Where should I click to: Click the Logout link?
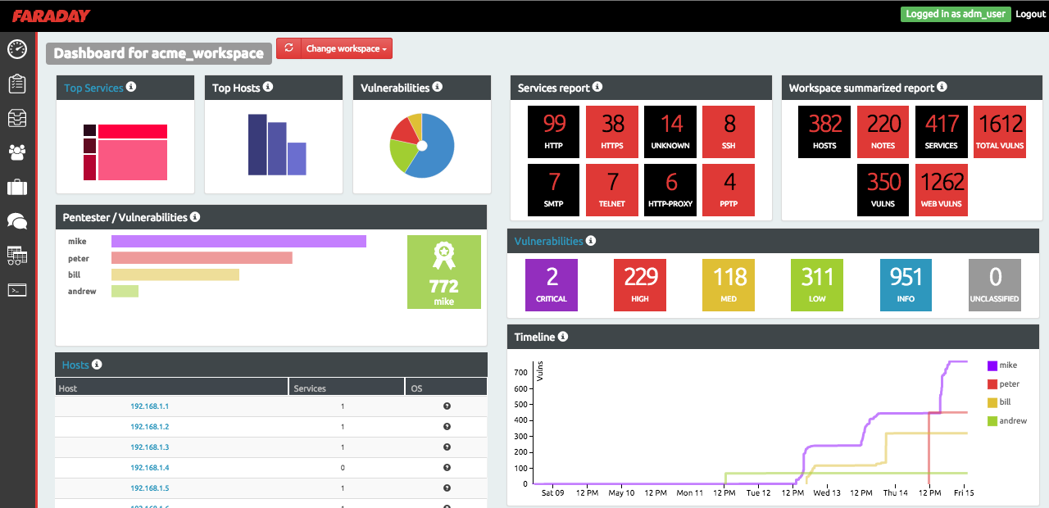1030,14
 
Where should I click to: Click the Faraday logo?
51,16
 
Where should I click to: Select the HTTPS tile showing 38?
612,132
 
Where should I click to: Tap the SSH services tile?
729,132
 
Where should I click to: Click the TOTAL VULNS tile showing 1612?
1000,132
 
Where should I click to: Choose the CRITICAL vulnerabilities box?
552,285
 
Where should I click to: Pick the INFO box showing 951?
906,285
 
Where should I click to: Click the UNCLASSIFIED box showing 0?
995,285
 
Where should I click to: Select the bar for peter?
202,258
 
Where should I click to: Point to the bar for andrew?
125,292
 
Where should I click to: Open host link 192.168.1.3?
149,447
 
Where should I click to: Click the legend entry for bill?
1006,402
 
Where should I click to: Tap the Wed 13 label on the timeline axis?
826,493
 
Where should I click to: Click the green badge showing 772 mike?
443,272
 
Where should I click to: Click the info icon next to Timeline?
564,337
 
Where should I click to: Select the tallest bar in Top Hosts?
257,144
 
